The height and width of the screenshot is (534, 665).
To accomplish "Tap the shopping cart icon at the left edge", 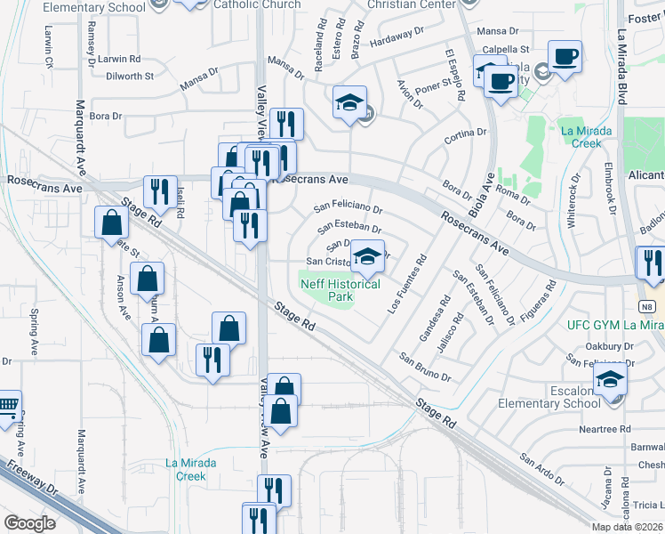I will [8, 408].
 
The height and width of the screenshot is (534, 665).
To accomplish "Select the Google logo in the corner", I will [29, 523].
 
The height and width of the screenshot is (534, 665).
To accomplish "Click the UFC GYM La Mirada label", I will [614, 325].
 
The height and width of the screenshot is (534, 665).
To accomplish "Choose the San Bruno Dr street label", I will [425, 368].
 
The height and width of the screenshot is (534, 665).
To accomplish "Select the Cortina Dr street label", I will [467, 133].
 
